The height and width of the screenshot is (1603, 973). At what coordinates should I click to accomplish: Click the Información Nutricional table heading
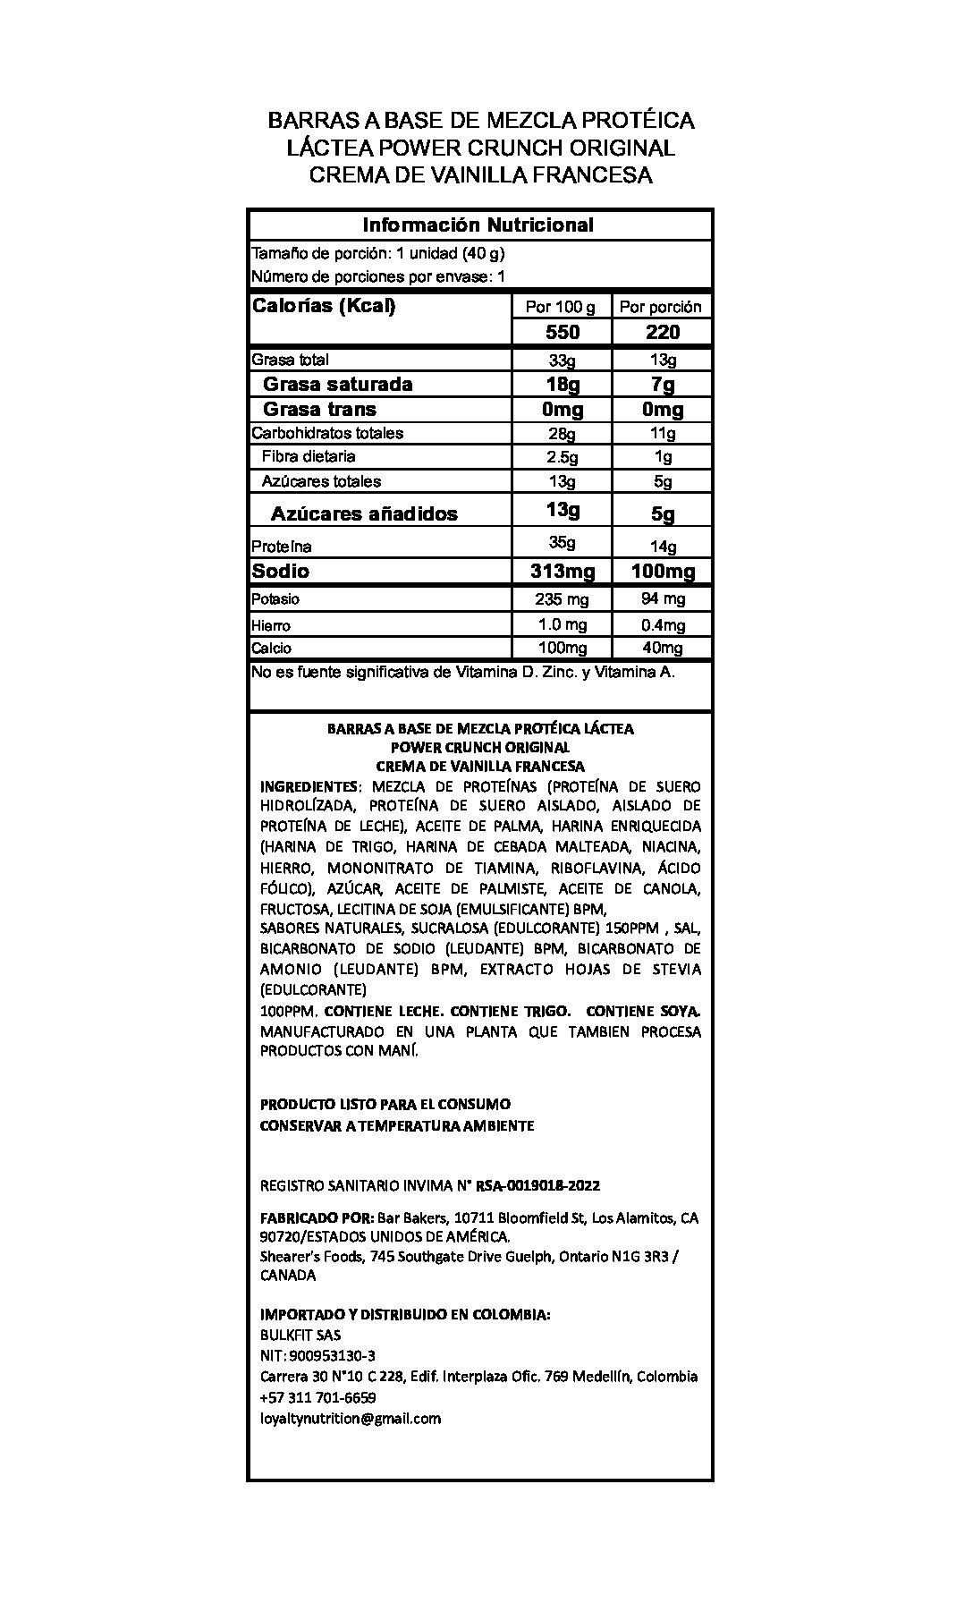pos(478,225)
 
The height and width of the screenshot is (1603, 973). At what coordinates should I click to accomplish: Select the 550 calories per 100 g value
pos(563,333)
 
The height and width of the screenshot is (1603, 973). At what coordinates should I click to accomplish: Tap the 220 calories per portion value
pos(662,333)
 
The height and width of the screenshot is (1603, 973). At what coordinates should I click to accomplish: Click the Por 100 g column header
pos(561,307)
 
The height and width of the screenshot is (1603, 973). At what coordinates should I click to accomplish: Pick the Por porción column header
pos(661,307)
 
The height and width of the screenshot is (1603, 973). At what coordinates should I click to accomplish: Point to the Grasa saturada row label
pos(337,385)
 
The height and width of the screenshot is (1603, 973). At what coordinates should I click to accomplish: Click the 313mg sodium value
pos(562,572)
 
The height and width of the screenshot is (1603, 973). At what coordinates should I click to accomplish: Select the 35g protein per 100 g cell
pos(563,542)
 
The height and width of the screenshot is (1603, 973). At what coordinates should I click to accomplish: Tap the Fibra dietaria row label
pos(309,457)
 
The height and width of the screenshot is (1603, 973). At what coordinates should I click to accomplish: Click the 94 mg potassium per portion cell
pos(662,599)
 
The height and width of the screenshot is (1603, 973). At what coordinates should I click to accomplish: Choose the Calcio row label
pos(271,649)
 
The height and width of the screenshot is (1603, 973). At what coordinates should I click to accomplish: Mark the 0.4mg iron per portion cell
pos(662,625)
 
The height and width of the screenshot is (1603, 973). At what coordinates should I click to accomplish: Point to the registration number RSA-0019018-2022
pos(537,1186)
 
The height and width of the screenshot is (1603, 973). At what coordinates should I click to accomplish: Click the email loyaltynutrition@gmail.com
pos(350,1419)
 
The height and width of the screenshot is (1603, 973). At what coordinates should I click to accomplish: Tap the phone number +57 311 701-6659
pos(317,1398)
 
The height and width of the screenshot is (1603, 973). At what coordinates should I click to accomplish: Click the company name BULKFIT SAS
pos(300,1336)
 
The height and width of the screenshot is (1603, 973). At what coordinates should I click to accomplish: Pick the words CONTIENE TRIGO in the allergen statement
pos(510,1012)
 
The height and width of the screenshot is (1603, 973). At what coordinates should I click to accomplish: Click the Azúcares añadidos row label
pos(364,514)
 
